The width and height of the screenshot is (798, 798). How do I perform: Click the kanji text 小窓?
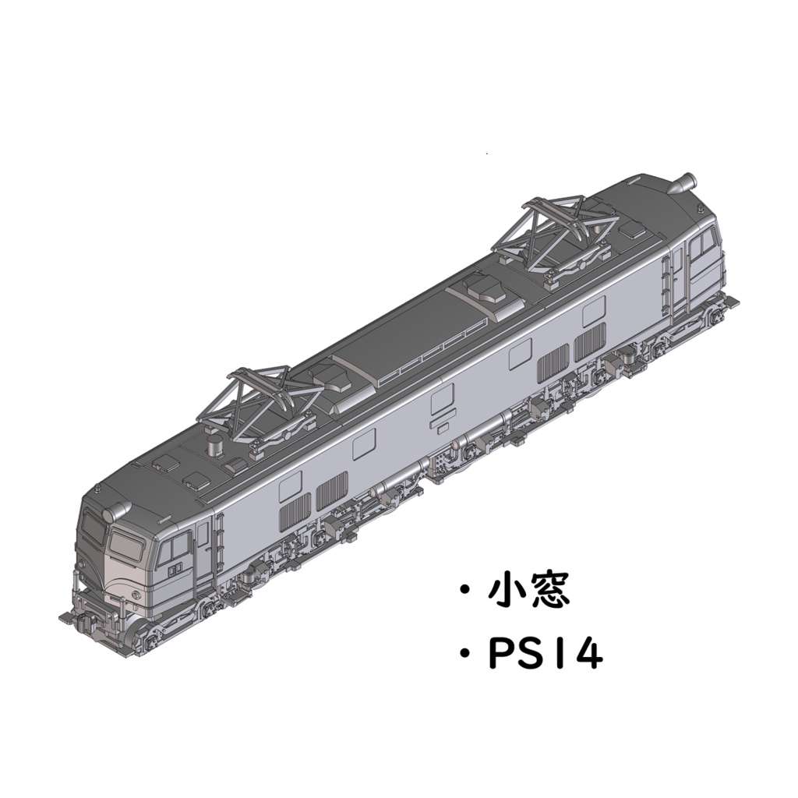(529, 591)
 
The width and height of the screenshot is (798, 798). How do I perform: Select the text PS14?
(546, 655)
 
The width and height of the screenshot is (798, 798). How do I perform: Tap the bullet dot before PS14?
(464, 655)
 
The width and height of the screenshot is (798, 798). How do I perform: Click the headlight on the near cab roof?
(115, 511)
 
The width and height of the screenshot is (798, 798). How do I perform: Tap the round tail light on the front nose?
(132, 596)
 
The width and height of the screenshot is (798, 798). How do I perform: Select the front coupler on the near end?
(78, 620)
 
